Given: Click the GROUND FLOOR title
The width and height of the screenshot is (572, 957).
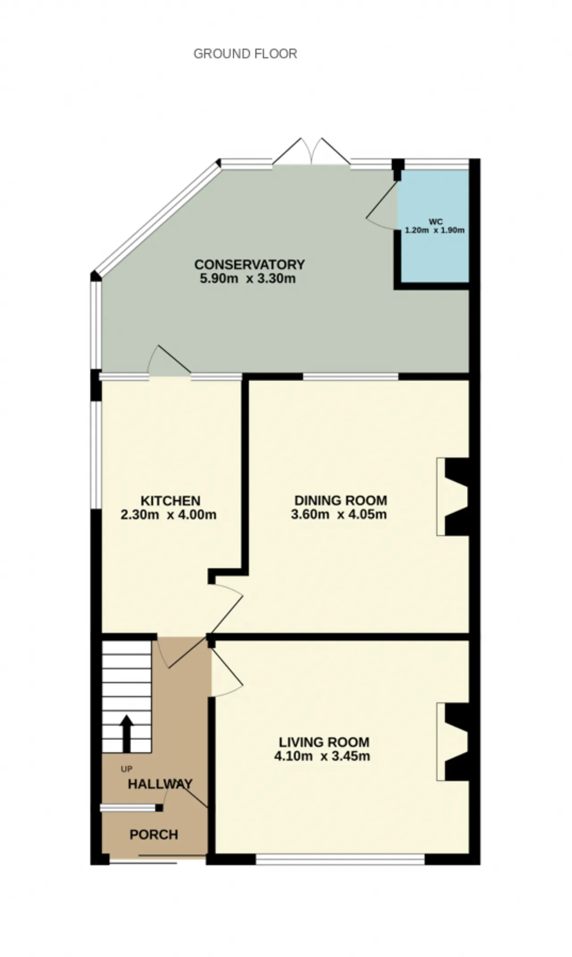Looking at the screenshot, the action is coord(245,54).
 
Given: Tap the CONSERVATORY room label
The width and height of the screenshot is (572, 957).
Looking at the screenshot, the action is coord(249,264).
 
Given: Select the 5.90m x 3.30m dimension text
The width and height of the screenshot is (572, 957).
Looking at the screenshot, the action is coord(247,279).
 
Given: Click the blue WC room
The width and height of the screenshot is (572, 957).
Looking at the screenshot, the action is coord(434,227).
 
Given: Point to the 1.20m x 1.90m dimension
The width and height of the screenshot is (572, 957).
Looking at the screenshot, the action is coord(434,231).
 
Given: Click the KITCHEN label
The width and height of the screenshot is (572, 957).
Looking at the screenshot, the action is coord(170,500).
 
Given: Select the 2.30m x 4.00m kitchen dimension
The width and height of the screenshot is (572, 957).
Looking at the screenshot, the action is coord(168,515).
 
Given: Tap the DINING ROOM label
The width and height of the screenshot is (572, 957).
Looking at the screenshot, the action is coord(340,500).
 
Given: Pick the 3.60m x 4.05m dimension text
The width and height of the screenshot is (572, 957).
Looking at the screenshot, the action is coord(339,514).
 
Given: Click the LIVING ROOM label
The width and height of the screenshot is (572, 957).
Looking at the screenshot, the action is coord(324,742).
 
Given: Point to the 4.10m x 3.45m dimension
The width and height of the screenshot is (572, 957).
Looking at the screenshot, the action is coord(322,756).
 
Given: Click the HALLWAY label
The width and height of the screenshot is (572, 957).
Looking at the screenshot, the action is coord(160,784).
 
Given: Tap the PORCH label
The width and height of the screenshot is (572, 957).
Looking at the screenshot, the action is coord(154,835).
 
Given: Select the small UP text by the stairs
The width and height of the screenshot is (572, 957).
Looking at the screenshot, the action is coord(126,769).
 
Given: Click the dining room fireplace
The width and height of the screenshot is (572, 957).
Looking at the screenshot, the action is coord(452,496).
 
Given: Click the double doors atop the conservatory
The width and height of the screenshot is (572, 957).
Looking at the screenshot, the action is coord(311,152).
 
